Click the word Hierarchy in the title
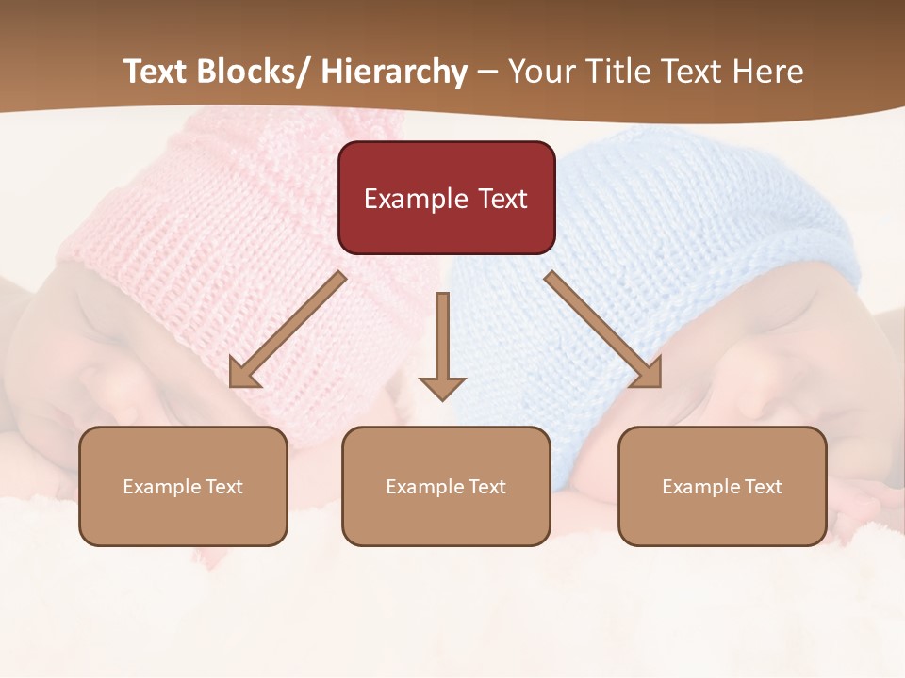pyautogui.click(x=394, y=73)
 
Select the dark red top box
pyautogui.click(x=446, y=198)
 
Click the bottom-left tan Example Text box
pyautogui.click(x=183, y=486)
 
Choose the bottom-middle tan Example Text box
pyautogui.click(x=446, y=486)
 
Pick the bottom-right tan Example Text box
pyautogui.click(x=722, y=486)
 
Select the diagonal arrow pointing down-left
pyautogui.click(x=287, y=331)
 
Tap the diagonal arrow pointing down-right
pyautogui.click(x=603, y=330)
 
